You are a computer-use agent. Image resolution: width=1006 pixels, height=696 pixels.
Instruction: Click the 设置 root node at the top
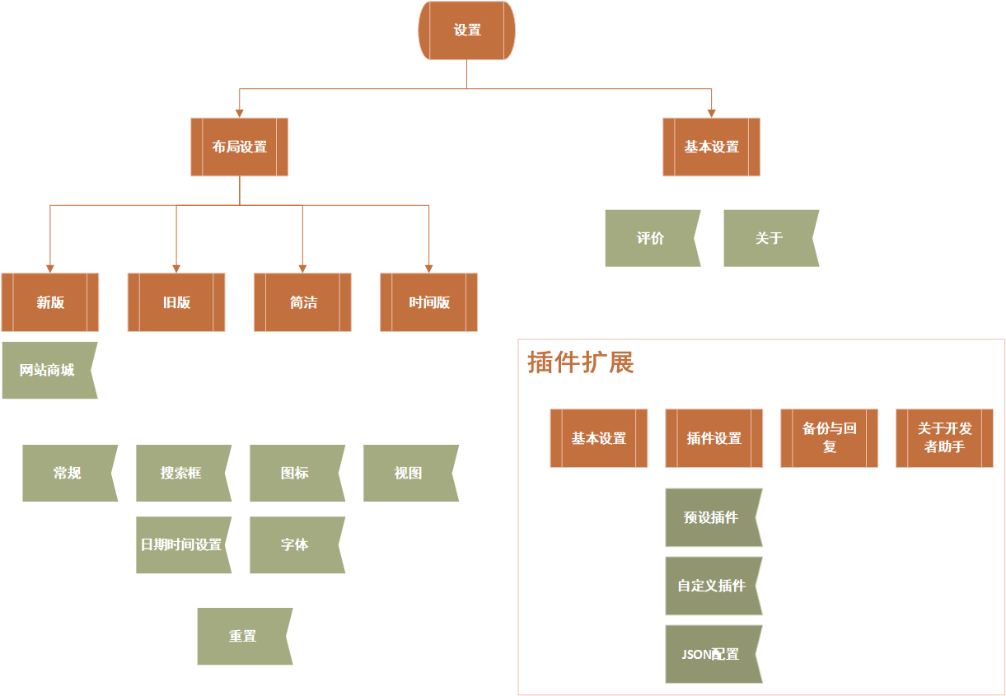click(x=467, y=30)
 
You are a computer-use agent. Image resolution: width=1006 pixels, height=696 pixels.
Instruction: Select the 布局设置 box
click(x=240, y=147)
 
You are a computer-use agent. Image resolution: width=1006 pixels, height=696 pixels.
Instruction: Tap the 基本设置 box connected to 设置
click(x=711, y=147)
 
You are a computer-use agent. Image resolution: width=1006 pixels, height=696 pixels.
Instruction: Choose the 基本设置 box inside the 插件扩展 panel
click(x=599, y=438)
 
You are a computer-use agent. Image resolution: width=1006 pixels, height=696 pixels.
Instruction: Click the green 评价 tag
click(x=651, y=238)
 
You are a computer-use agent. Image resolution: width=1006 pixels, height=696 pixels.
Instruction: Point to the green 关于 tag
click(x=770, y=238)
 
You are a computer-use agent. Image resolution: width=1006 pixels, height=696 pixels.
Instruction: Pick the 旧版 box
click(x=176, y=302)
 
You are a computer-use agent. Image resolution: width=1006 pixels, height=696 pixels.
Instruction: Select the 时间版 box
click(x=429, y=302)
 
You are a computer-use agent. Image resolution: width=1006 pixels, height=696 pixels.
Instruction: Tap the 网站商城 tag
click(x=48, y=371)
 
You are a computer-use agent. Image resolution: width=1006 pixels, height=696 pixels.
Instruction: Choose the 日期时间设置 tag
click(x=181, y=544)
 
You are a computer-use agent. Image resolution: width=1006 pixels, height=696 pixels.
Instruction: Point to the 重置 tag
click(x=243, y=636)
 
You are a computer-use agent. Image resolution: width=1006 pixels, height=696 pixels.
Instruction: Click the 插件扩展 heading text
click(x=581, y=362)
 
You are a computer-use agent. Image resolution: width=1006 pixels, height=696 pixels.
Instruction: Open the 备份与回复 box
click(x=830, y=438)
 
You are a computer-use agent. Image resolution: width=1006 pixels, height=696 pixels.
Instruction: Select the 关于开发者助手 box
click(x=945, y=438)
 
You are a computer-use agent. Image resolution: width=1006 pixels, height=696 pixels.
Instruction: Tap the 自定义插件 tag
click(x=712, y=586)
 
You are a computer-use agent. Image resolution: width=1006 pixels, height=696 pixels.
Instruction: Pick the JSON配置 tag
click(x=712, y=654)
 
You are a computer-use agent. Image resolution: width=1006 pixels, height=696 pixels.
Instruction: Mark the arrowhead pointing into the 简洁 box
click(x=302, y=269)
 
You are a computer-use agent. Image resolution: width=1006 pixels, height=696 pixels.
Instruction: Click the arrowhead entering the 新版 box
click(x=50, y=269)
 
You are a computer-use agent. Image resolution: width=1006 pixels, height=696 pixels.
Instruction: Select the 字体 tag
click(x=295, y=544)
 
